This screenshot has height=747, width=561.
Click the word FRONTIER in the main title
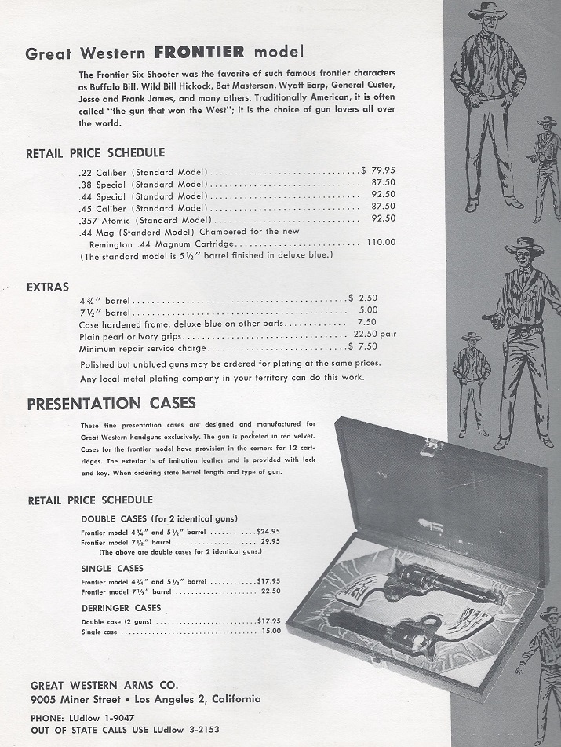[199, 53]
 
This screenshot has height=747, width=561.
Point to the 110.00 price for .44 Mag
[381, 243]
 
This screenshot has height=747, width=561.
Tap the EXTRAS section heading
[48, 287]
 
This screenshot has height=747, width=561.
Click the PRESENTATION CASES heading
[111, 404]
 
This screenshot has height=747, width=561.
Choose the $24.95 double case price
[268, 532]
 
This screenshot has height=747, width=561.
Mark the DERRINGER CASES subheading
[121, 608]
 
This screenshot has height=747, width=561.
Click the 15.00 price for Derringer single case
[271, 631]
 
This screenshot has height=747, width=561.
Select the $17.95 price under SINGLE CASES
[268, 582]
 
